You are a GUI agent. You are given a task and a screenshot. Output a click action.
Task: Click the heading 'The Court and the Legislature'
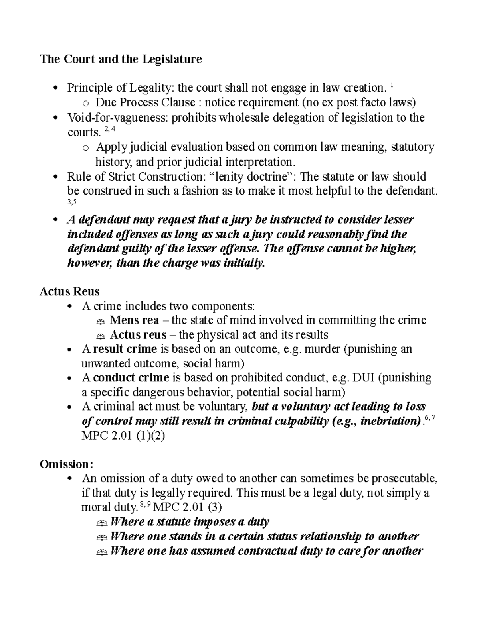pos(121,59)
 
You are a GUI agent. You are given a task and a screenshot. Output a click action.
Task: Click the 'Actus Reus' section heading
pos(69,291)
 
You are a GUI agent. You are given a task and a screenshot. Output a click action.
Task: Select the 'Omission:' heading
pos(67,464)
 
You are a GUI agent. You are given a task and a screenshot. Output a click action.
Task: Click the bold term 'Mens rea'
pos(134,320)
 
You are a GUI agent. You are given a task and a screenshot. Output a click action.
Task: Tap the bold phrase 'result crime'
pos(125,349)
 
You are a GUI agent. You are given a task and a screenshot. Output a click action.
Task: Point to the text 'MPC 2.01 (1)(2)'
pos(123,436)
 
